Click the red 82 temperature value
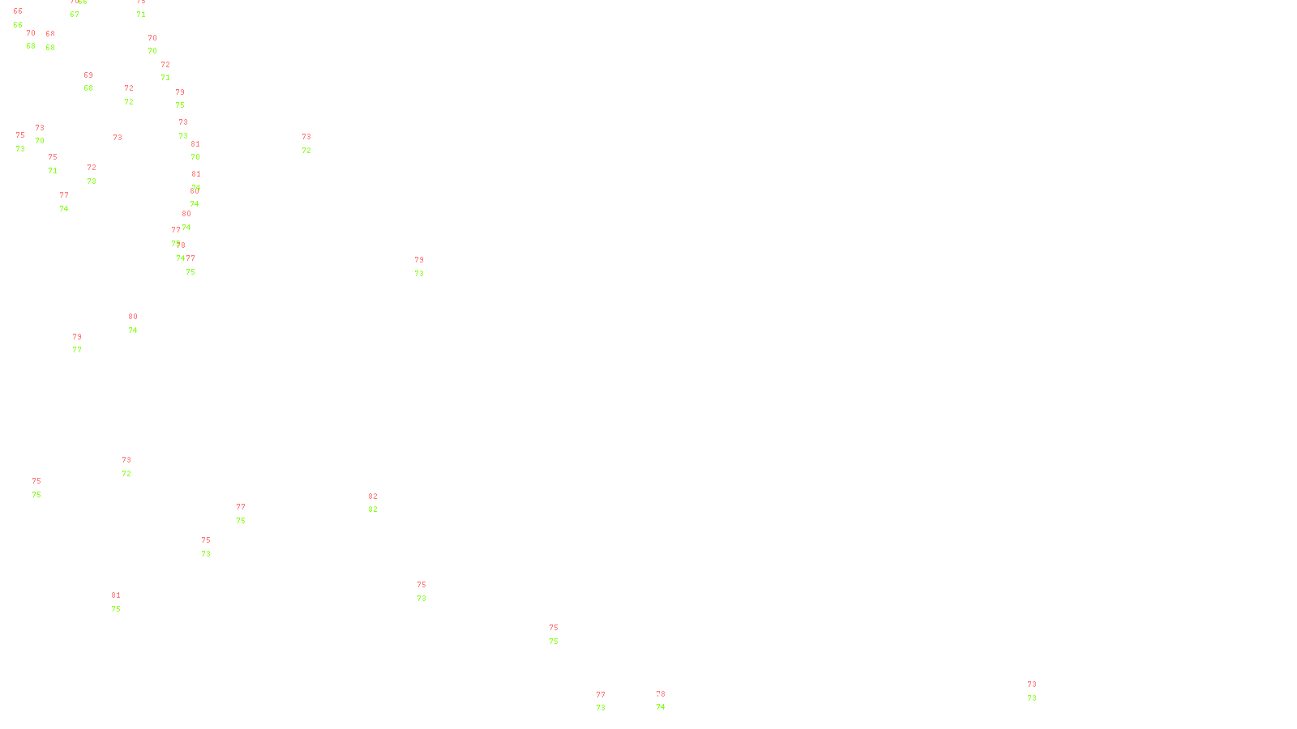pyautogui.click(x=373, y=497)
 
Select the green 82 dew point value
pyautogui.click(x=373, y=509)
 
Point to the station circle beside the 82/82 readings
pyautogui.click(x=380, y=504)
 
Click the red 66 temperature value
pyautogui.click(x=18, y=11)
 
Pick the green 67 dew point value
pyautogui.click(x=75, y=15)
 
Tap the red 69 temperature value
pyautogui.click(x=88, y=75)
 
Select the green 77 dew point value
pyautogui.click(x=77, y=350)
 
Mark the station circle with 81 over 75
pyautogui.click(x=123, y=603)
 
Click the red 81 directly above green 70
pyautogui.click(x=195, y=144)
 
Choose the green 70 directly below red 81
pyautogui.click(x=195, y=157)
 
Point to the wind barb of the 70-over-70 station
pyautogui.click(x=148, y=44)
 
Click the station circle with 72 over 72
pyautogui.click(x=137, y=96)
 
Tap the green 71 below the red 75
pyautogui.click(x=53, y=171)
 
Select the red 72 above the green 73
pyautogui.click(x=92, y=168)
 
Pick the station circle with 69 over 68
pyautogui.click(x=96, y=83)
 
